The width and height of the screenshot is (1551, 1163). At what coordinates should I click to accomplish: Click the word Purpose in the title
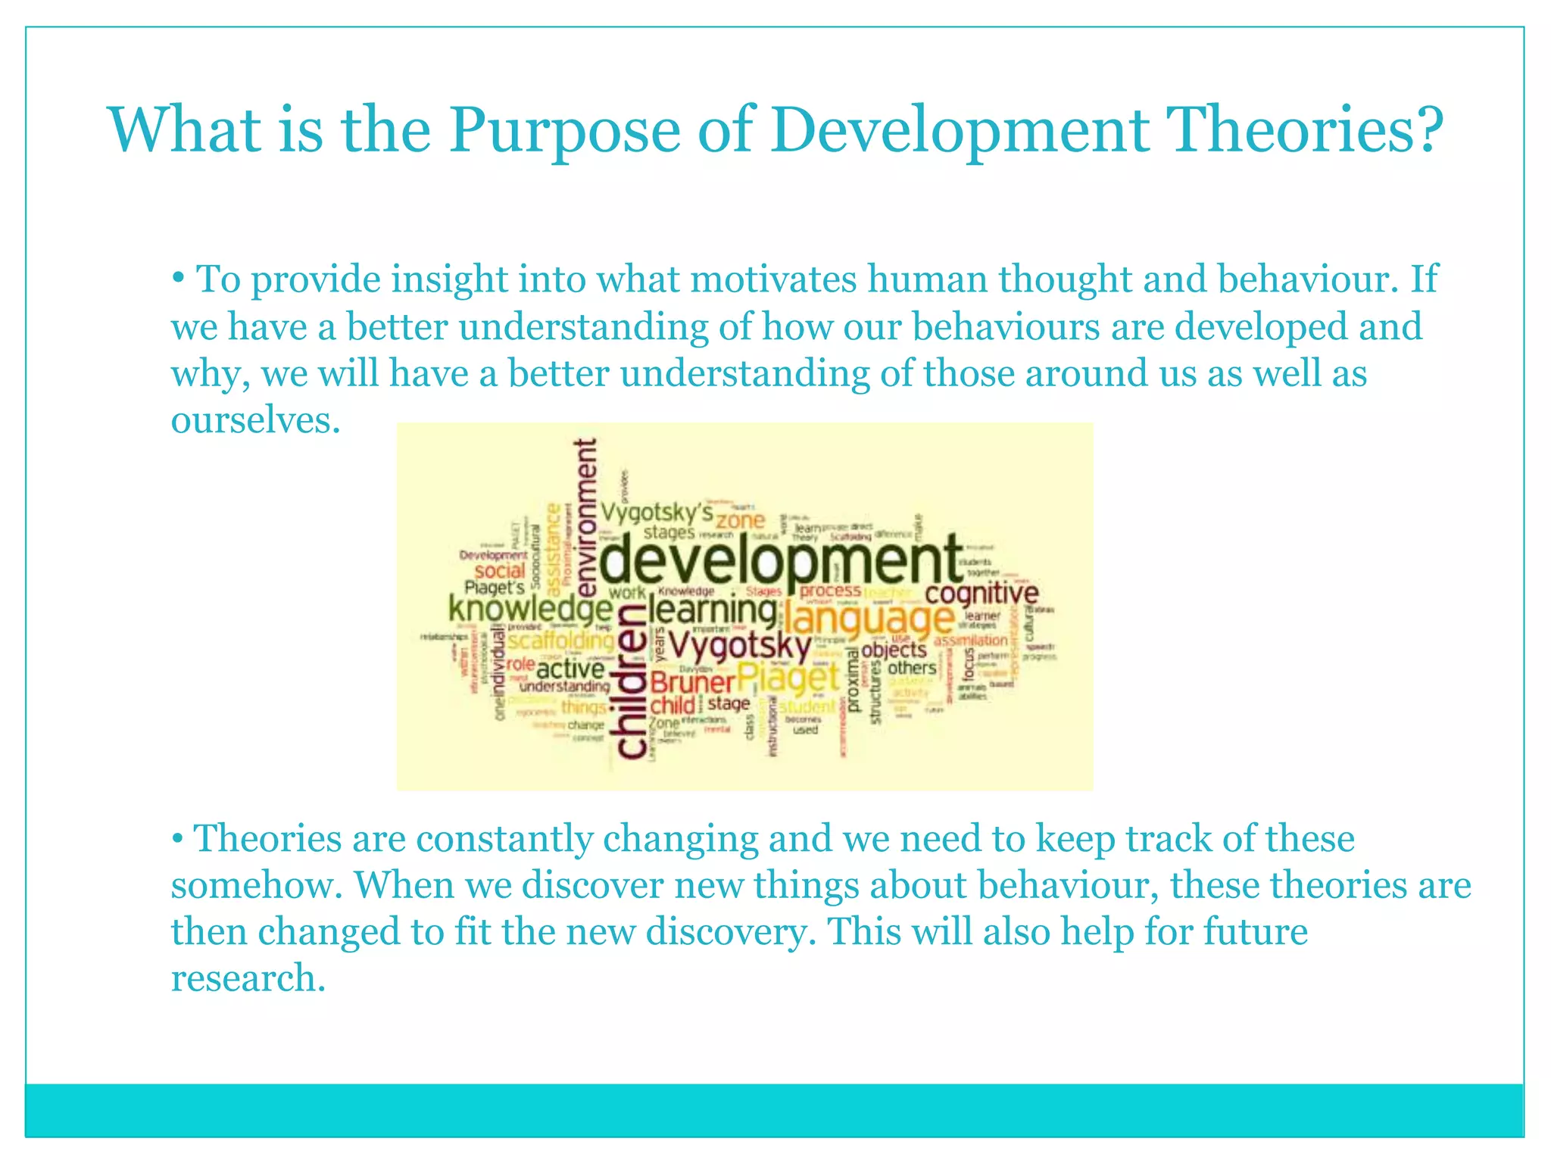(564, 131)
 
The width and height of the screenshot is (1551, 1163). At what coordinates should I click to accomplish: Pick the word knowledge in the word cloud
(530, 608)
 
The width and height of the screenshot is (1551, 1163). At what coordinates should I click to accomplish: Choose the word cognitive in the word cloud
(981, 593)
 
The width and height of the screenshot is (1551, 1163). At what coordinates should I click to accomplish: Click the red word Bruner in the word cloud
(692, 683)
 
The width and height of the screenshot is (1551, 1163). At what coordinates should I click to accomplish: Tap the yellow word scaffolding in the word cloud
(560, 641)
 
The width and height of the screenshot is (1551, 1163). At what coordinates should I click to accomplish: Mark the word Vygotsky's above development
(657, 513)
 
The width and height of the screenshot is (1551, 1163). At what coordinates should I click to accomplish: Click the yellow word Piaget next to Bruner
(788, 678)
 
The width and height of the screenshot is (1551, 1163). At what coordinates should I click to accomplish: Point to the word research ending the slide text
(248, 978)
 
